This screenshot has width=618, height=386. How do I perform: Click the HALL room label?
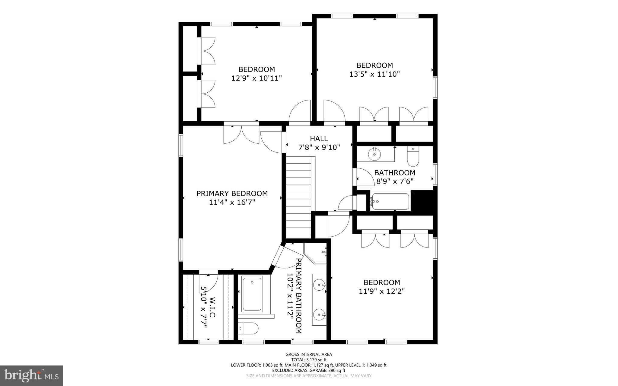pos(319,139)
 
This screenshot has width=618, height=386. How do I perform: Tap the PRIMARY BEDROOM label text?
pos(232,193)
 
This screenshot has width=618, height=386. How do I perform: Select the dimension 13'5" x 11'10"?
pos(374,74)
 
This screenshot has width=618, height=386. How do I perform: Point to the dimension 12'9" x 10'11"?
pos(256,78)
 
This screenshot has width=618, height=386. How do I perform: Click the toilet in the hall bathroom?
pos(413,156)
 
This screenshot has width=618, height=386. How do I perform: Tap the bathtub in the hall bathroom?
pos(390,202)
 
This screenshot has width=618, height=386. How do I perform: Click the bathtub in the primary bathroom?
pos(252,294)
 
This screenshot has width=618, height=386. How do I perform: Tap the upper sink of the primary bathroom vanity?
pos(319,284)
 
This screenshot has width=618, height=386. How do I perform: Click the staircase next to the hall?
pos(298,199)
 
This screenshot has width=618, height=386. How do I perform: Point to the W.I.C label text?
pos(212,307)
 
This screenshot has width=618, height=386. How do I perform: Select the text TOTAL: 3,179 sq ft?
pos(309,360)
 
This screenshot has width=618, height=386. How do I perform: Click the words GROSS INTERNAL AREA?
pos(309,354)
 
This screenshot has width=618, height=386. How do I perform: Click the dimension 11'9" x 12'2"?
pos(381,291)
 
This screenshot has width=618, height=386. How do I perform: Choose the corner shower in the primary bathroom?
pos(315,254)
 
